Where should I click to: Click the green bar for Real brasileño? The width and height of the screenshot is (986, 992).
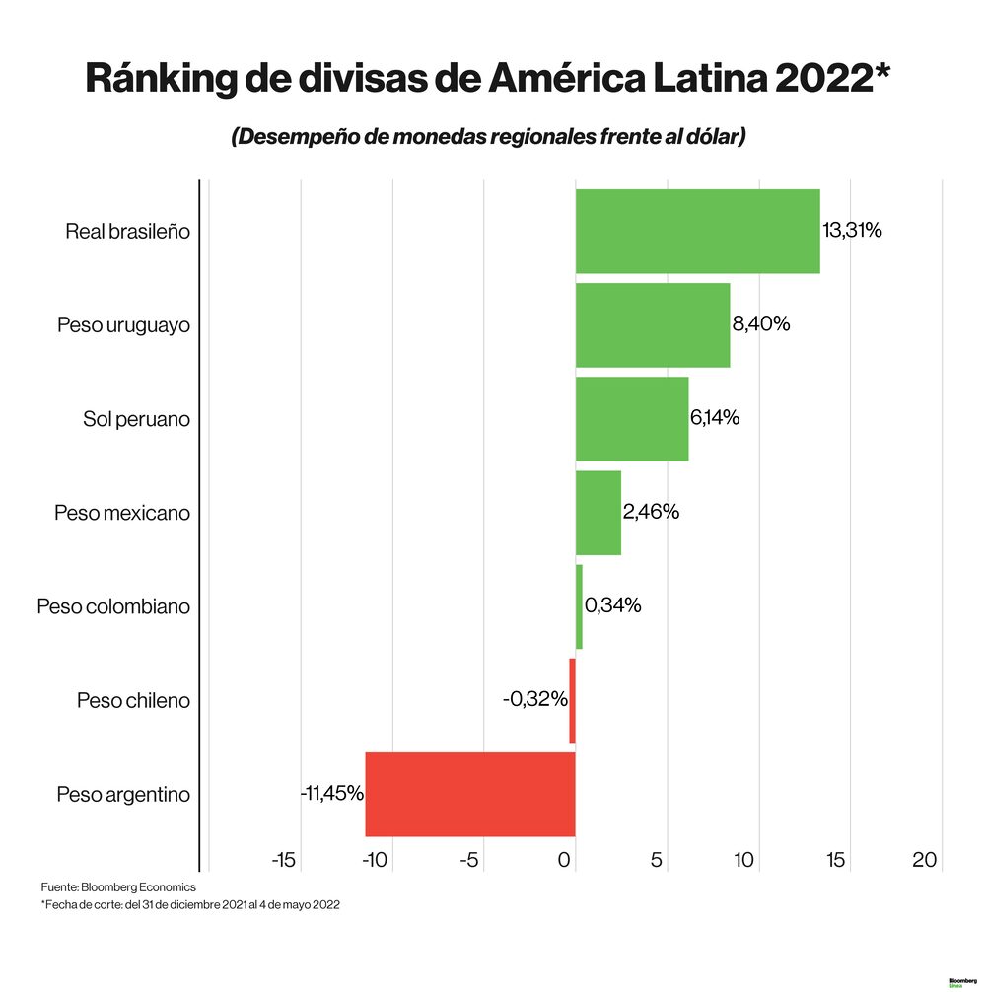click(x=697, y=231)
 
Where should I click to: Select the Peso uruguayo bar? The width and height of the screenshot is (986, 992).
click(x=652, y=324)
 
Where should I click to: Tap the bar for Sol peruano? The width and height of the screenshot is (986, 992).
click(x=631, y=418)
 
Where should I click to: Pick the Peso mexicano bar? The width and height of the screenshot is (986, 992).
click(x=598, y=513)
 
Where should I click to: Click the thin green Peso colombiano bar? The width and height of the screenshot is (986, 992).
click(x=579, y=606)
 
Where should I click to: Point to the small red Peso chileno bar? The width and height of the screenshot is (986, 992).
click(x=572, y=700)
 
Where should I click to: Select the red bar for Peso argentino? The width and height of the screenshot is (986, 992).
click(x=469, y=794)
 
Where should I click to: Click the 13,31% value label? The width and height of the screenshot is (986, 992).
click(x=852, y=231)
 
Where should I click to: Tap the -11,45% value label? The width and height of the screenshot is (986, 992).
click(x=332, y=793)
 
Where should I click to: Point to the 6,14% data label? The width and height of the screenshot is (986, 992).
click(x=715, y=418)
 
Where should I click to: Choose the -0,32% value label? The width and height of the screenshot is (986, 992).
click(x=534, y=700)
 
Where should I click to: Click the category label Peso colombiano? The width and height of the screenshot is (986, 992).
click(x=113, y=606)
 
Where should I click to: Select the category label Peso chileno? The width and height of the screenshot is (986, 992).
click(x=133, y=701)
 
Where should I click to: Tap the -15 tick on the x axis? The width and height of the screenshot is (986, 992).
click(x=283, y=860)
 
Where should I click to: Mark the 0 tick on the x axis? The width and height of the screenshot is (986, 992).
click(x=565, y=860)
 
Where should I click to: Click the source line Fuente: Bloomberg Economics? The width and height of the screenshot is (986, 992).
click(x=118, y=887)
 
